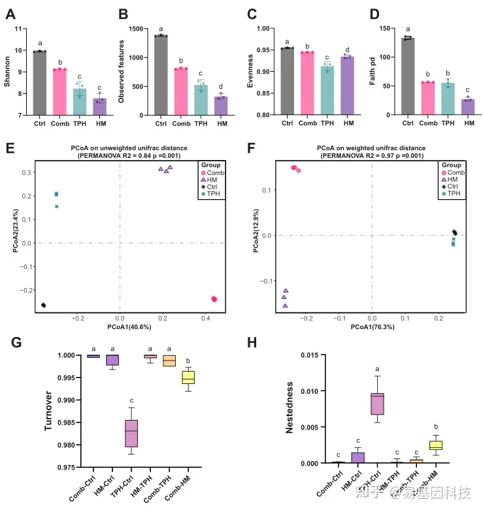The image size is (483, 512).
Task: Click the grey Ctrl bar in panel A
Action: [x=40, y=83]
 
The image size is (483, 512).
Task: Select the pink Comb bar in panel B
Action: [x=181, y=91]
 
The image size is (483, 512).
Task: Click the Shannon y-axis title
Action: [x=7, y=73]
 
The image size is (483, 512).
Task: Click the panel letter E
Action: [x=10, y=149]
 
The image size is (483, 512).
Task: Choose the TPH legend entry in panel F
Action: [x=456, y=193]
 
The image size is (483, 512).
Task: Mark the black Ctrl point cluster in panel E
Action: [x=44, y=305]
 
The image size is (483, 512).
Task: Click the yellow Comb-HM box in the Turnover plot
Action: [x=188, y=377]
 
